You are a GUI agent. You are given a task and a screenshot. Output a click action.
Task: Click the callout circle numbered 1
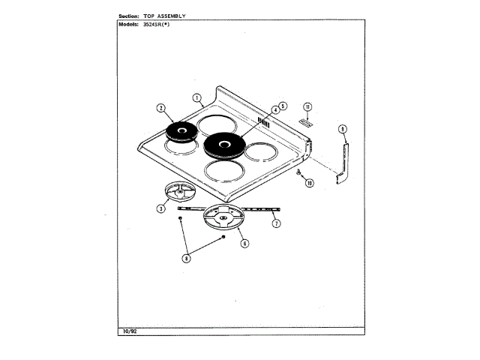[196, 97]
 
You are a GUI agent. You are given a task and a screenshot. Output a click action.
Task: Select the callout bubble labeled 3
[160, 208]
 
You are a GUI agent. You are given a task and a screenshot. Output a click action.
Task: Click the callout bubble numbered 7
[277, 223]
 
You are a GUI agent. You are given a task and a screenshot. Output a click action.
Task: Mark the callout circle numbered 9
[342, 130]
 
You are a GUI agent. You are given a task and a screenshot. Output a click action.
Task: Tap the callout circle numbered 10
[309, 182]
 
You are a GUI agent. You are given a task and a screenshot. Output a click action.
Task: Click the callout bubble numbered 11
[307, 107]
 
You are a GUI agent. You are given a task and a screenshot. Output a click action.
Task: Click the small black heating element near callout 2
[181, 133]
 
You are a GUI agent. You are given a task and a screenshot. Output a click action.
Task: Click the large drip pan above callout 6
[225, 221]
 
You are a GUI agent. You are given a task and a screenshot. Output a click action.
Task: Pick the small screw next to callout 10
[298, 174]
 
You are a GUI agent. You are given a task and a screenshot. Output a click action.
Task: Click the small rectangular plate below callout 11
[304, 120]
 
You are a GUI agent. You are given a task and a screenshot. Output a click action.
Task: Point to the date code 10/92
[128, 331]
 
